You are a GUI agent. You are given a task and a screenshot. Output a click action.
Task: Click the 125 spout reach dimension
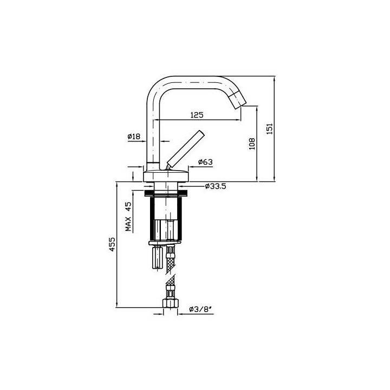click(x=197, y=115)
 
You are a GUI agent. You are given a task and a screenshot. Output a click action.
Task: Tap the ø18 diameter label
click(x=134, y=136)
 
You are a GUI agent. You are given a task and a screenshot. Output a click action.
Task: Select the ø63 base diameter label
click(x=205, y=162)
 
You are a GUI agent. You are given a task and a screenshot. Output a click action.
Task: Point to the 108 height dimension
click(x=252, y=144)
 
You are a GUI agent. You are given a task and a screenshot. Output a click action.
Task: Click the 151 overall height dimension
click(x=269, y=128)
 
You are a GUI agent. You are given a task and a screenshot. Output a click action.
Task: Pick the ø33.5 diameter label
click(x=216, y=186)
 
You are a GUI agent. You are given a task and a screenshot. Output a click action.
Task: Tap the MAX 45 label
click(x=128, y=216)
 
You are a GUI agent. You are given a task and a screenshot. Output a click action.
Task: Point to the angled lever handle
click(x=185, y=150)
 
